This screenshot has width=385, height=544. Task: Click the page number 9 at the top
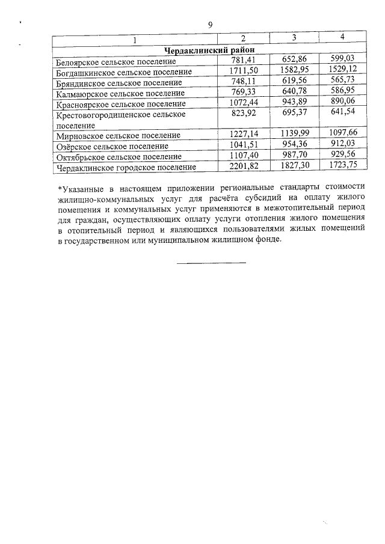tap(210, 25)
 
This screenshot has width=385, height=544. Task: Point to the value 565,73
tap(342, 82)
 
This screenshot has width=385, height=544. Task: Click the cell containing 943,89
tap(294, 102)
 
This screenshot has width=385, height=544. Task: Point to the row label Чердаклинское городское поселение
tap(126, 167)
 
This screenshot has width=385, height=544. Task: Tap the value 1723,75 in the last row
tap(342, 165)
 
